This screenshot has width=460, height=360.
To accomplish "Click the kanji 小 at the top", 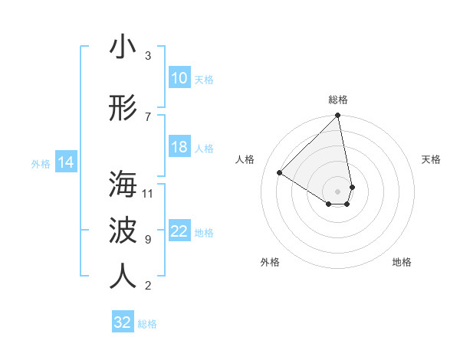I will coord(123,47).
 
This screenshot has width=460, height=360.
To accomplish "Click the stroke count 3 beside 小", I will coord(148,56).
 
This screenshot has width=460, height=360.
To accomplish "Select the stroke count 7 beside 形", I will coord(148,117).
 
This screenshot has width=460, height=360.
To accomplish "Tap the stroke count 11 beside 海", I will coord(148,193).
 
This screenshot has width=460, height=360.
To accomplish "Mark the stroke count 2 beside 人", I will coord(148,286).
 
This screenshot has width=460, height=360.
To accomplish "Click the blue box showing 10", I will coord(179,78).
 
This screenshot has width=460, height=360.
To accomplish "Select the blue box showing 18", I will coord(179,147).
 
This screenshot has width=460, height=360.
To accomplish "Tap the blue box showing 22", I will coord(179,231).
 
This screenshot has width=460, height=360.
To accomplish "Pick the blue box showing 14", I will coord(65,162).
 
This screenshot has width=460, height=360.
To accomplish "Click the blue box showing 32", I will coord(123,322).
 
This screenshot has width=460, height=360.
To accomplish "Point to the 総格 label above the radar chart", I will coord(338,100).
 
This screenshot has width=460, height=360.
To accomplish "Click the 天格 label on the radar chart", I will coord(431,159).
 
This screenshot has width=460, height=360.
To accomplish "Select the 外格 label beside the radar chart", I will coord(270,262).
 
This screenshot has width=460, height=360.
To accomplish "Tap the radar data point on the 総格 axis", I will coord(338,116).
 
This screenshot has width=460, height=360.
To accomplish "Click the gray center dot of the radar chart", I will coord(338,191).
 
